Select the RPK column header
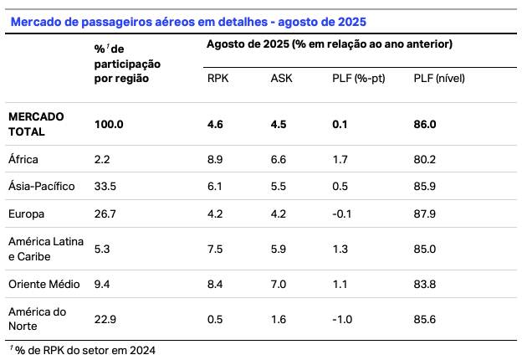[218, 79]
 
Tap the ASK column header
[282, 79]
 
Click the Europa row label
[26, 213]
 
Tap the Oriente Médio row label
[43, 284]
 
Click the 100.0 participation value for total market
[110, 124]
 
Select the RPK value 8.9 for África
[216, 159]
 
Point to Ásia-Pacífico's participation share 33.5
[105, 186]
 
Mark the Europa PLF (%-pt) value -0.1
[340, 213]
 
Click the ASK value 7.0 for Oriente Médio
[279, 284]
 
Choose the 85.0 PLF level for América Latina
[425, 248]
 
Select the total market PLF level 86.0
[425, 124]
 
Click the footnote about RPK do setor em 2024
[83, 349]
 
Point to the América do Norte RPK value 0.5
[216, 319]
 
